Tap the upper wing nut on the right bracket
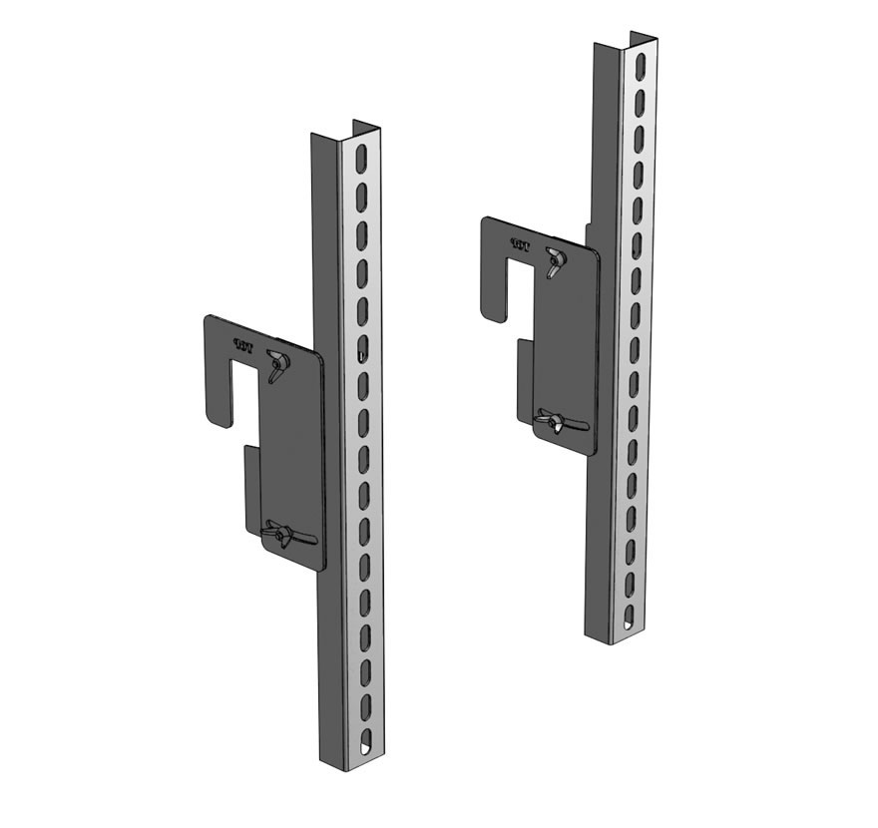click(x=554, y=262)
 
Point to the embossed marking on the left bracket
click(x=241, y=345)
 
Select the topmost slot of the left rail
click(x=359, y=161)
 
